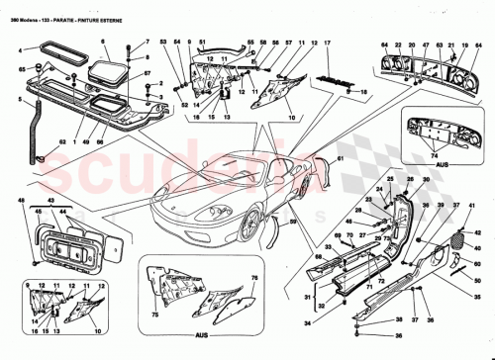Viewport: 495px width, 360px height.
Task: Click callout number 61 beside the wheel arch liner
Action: click(337, 157)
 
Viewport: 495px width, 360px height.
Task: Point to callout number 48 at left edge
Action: click(19, 201)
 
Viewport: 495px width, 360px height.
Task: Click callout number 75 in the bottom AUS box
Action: click(153, 316)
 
